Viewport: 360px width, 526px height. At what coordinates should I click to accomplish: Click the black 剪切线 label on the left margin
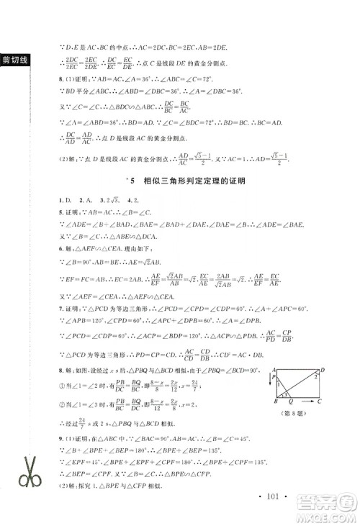(14, 59)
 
